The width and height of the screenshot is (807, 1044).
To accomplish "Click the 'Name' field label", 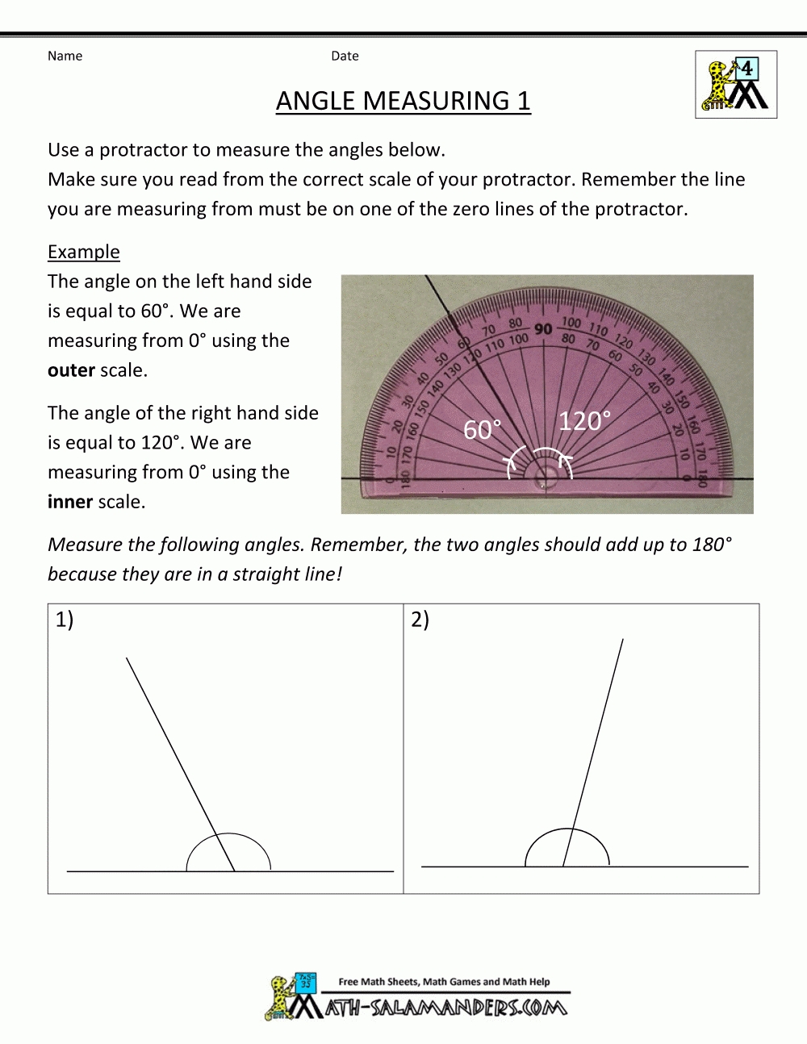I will pyautogui.click(x=65, y=56).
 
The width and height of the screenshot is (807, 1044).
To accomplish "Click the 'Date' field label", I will pyautogui.click(x=345, y=56).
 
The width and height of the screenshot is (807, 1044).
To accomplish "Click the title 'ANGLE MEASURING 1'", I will pyautogui.click(x=403, y=101).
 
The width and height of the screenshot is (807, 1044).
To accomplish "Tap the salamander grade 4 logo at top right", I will pyautogui.click(x=736, y=85).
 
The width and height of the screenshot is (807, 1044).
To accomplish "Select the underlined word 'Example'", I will pyautogui.click(x=83, y=252).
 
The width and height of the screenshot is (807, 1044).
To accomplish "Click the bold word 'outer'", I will pyautogui.click(x=71, y=370).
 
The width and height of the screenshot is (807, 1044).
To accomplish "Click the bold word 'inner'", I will pyautogui.click(x=70, y=502).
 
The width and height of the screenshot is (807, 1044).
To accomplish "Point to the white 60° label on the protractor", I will pyautogui.click(x=482, y=430).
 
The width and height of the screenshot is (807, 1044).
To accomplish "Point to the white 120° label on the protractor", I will pyautogui.click(x=584, y=421).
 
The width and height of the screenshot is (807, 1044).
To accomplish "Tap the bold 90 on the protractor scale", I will pyautogui.click(x=543, y=328).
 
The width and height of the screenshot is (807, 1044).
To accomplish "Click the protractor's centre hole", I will pyautogui.click(x=549, y=479).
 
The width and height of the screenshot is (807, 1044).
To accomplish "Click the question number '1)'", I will pyautogui.click(x=65, y=620).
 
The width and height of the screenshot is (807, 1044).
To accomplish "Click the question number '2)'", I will pyautogui.click(x=420, y=620).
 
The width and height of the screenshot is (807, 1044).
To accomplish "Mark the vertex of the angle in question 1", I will pyautogui.click(x=235, y=871).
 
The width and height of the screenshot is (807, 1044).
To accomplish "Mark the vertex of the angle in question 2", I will pyautogui.click(x=562, y=867).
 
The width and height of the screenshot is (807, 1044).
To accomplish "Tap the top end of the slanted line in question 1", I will pyautogui.click(x=127, y=659).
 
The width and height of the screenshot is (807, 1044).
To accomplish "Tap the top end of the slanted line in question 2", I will pyautogui.click(x=622, y=640).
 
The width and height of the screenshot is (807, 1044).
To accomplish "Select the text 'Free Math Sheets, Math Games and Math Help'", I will pyautogui.click(x=444, y=982).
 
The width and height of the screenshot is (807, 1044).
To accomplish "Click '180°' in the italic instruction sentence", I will pyautogui.click(x=712, y=545).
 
